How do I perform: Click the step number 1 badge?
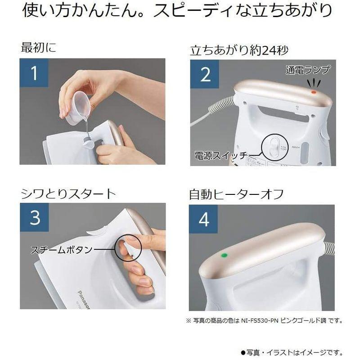pyautogui.click(x=34, y=73)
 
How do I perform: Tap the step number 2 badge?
pyautogui.click(x=205, y=74)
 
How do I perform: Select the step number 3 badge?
pyautogui.click(x=35, y=217)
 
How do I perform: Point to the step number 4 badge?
pyautogui.click(x=203, y=219)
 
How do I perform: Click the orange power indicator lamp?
pyautogui.click(x=314, y=92)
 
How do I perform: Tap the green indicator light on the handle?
pyautogui.click(x=224, y=255)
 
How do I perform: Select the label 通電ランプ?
pyautogui.click(x=308, y=70)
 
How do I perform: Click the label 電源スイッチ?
pyautogui.click(x=221, y=155)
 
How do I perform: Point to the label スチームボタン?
pyautogui.click(x=62, y=250)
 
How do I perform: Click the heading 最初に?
pyautogui.click(x=39, y=48)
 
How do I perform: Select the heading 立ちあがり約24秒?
pyautogui.click(x=239, y=50)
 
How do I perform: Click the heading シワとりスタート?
pyautogui.click(x=68, y=194)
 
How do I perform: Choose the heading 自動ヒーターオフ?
pyautogui.click(x=236, y=194)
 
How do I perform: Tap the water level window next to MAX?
pyautogui.click(x=305, y=152)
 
